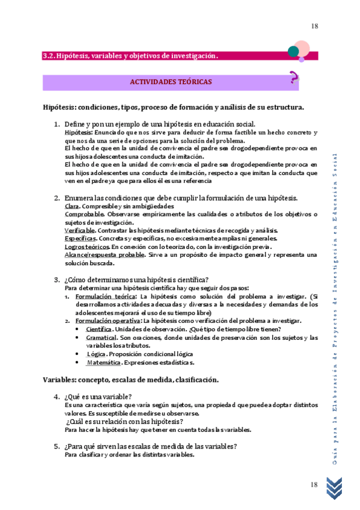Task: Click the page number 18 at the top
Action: [x=314, y=26]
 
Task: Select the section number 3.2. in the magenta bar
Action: [x=49, y=56]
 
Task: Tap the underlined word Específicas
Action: [x=80, y=238]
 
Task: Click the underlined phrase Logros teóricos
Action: [x=87, y=246]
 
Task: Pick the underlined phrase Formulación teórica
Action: [x=106, y=296]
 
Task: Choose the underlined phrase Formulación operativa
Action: [x=108, y=321]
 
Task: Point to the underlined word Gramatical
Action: [x=101, y=337]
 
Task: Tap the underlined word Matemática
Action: [x=103, y=363]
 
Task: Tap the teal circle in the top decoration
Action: [x=294, y=52]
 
